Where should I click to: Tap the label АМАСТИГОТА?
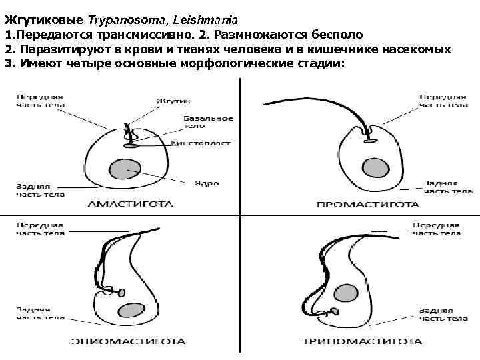pyautogui.click(x=131, y=204)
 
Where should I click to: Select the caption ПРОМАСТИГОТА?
pyautogui.click(x=367, y=205)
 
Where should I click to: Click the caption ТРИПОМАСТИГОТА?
pyautogui.click(x=362, y=341)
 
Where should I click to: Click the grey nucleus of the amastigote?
pyautogui.click(x=123, y=170)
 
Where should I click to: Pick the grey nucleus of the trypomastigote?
pyautogui.click(x=344, y=293)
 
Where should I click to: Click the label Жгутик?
pyautogui.click(x=170, y=101)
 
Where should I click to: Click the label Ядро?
pyautogui.click(x=206, y=183)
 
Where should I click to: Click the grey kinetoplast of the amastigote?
pyautogui.click(x=131, y=145)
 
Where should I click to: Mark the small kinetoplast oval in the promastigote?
pyautogui.click(x=369, y=140)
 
